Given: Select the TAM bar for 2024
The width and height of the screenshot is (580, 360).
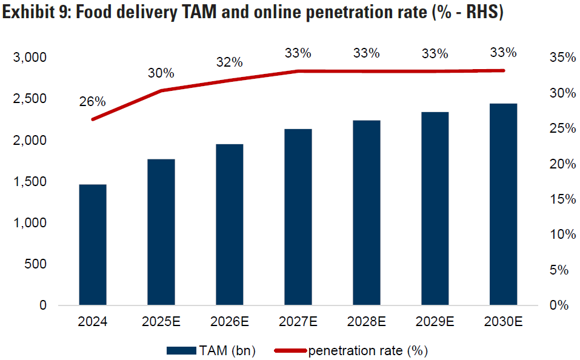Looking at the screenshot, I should (93, 244).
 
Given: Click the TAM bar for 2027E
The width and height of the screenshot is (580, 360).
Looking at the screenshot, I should (298, 216).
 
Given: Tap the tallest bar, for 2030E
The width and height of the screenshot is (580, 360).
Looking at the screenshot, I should (504, 204).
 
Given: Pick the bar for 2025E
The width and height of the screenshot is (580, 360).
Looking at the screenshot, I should (161, 232).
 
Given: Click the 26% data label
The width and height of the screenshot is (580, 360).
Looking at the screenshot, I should (92, 102).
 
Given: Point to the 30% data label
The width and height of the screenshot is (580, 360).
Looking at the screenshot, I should (161, 73).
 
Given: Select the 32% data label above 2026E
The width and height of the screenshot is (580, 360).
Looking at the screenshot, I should (229, 62).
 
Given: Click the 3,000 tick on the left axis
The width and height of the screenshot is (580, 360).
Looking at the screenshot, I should (30, 58).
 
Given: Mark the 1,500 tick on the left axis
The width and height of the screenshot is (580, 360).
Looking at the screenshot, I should (30, 182).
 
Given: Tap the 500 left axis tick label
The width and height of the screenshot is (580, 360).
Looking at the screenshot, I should (36, 264).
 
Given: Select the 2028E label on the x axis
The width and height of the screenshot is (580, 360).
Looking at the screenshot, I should (367, 322).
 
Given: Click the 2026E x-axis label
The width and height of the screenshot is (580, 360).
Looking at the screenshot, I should (229, 322).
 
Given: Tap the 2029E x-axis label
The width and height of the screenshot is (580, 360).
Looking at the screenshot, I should (435, 322).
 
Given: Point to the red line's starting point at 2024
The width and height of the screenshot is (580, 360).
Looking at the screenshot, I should (93, 119).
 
